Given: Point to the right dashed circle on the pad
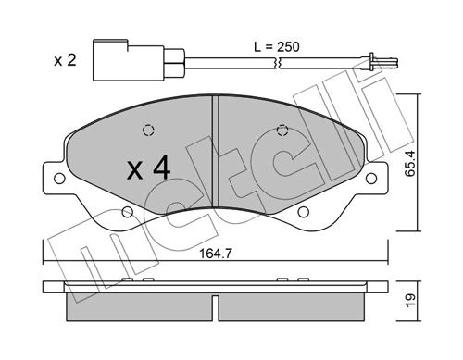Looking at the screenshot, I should pyautogui.click(x=283, y=130).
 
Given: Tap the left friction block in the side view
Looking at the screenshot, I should pyautogui.click(x=135, y=308).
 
